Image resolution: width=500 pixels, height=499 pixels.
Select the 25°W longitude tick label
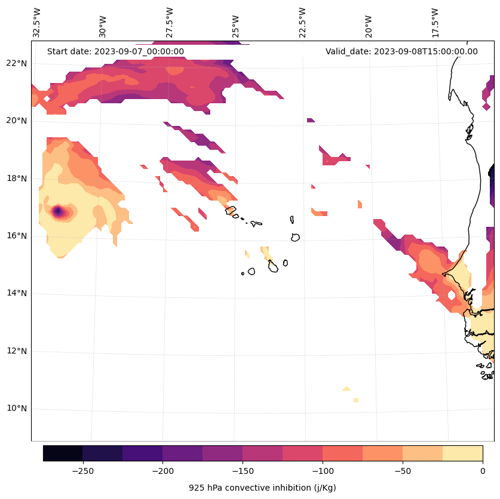pos(236,23)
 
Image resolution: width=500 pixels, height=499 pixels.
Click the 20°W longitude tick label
pos(369,23)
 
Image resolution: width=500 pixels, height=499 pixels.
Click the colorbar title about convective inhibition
pos(262,488)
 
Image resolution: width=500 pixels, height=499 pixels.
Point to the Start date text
pos(115,51)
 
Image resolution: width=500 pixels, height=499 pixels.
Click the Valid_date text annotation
pos(401,51)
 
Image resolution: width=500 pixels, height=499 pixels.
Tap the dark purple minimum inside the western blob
pos(57,211)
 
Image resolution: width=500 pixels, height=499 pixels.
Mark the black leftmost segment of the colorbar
pos(63,453)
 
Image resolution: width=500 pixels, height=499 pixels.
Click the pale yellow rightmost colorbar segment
pos(462,453)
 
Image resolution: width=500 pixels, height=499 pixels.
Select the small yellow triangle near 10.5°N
pos(346,389)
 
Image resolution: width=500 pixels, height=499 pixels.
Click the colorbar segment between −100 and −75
pos(342,453)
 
